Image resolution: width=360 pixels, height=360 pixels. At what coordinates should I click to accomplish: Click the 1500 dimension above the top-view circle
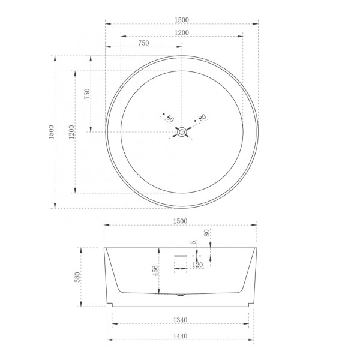[181, 19]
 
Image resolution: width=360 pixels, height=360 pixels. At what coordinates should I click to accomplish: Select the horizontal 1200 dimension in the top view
[181, 32]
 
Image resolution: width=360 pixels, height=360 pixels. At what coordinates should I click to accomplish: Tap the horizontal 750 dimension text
[144, 43]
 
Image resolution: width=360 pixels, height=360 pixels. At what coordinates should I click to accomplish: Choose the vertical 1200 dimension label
[71, 132]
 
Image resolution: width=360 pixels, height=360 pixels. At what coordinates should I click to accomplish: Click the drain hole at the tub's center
[181, 132]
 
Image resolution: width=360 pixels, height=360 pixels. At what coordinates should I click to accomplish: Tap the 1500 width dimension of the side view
[181, 221]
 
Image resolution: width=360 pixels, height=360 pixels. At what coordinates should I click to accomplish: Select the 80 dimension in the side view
[206, 233]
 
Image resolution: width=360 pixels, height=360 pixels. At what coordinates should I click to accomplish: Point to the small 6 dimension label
[193, 242]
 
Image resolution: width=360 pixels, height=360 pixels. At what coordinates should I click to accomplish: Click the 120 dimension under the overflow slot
[197, 264]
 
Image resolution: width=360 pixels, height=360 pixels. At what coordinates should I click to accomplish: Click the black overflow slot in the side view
[181, 255]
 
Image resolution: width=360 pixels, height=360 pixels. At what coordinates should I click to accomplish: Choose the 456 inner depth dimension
[155, 271]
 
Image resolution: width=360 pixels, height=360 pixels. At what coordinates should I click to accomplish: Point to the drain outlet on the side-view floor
[181, 295]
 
